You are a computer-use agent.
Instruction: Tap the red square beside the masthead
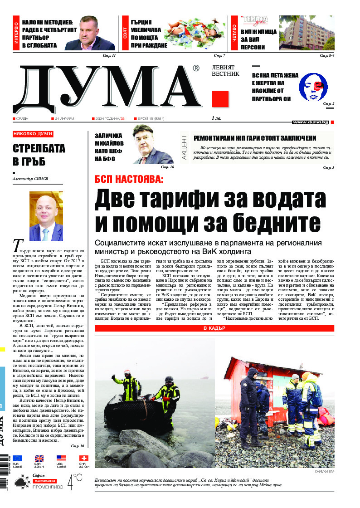(220, 99)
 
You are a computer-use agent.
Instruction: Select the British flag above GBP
(39, 459)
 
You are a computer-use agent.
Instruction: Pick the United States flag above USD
(61, 459)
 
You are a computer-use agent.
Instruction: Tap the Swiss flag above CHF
(83, 459)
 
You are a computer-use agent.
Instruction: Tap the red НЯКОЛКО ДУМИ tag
(33, 134)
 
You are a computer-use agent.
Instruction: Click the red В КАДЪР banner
(214, 328)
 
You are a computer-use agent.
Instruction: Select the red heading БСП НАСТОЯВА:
(129, 179)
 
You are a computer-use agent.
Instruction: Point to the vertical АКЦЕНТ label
(184, 146)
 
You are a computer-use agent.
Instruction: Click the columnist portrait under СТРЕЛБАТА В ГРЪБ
(46, 216)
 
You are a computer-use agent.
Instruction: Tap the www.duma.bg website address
(310, 122)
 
